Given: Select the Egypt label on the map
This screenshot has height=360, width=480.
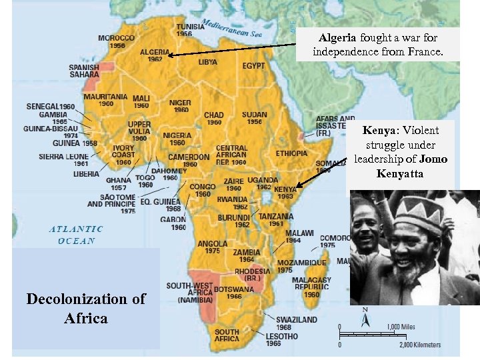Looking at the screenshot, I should [x=253, y=66].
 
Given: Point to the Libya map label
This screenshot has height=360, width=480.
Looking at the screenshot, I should [x=208, y=62].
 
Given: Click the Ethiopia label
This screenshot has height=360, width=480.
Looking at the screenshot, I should [x=291, y=153].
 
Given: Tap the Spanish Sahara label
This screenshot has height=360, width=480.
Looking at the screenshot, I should [x=84, y=71].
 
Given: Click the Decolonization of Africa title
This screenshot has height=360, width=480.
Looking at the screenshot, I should [x=86, y=308].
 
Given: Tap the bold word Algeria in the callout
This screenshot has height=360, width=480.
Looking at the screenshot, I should [x=337, y=37].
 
